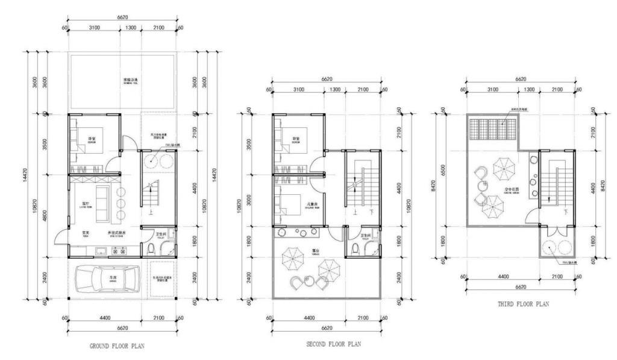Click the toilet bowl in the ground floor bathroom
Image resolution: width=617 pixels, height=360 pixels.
151,249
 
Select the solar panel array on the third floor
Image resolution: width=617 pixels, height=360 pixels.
492,127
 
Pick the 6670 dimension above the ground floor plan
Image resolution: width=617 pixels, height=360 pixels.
122,19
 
